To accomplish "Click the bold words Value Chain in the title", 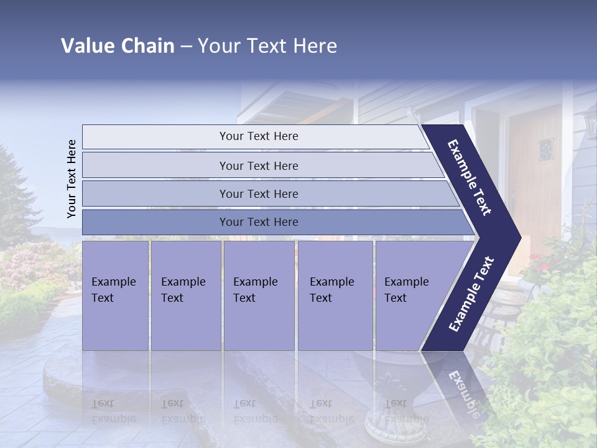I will click(x=118, y=46).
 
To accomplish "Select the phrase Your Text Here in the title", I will click(x=267, y=46).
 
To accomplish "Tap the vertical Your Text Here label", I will click(x=72, y=179).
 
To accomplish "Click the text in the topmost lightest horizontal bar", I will click(x=259, y=136).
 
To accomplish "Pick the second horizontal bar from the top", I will click(x=259, y=166).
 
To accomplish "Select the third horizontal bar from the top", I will click(x=259, y=194).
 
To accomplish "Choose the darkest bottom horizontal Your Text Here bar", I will click(x=259, y=222).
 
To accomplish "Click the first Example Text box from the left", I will click(x=115, y=296).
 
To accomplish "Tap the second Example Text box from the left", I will click(x=185, y=296).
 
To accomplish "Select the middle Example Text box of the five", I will click(x=258, y=296).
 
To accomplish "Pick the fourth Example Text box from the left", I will click(x=335, y=296).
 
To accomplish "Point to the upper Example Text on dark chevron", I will click(x=470, y=177).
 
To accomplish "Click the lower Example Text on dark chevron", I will click(x=471, y=294).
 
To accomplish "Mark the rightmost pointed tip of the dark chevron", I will click(x=519, y=237).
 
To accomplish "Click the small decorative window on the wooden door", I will click(x=546, y=149).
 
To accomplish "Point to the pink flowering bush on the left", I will click(x=31, y=261).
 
